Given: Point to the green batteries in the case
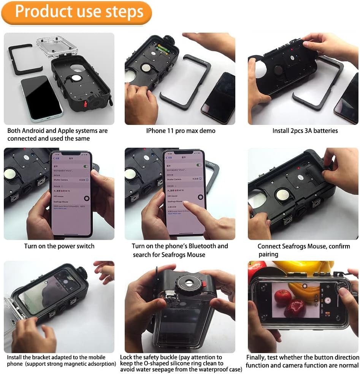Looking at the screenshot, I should coord(165,49).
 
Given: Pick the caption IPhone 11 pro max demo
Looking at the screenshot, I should coord(181,131).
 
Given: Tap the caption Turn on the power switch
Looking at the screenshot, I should coord(59,246).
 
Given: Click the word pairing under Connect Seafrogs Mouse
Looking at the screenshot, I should coord(268,254).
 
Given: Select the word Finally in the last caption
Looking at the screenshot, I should coord(257,357).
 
